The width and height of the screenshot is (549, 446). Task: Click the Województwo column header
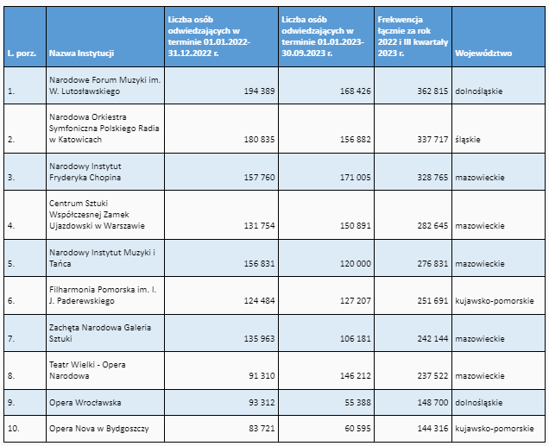483,53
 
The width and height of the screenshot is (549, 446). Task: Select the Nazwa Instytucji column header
82,53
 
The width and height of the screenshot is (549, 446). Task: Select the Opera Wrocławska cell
85,403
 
